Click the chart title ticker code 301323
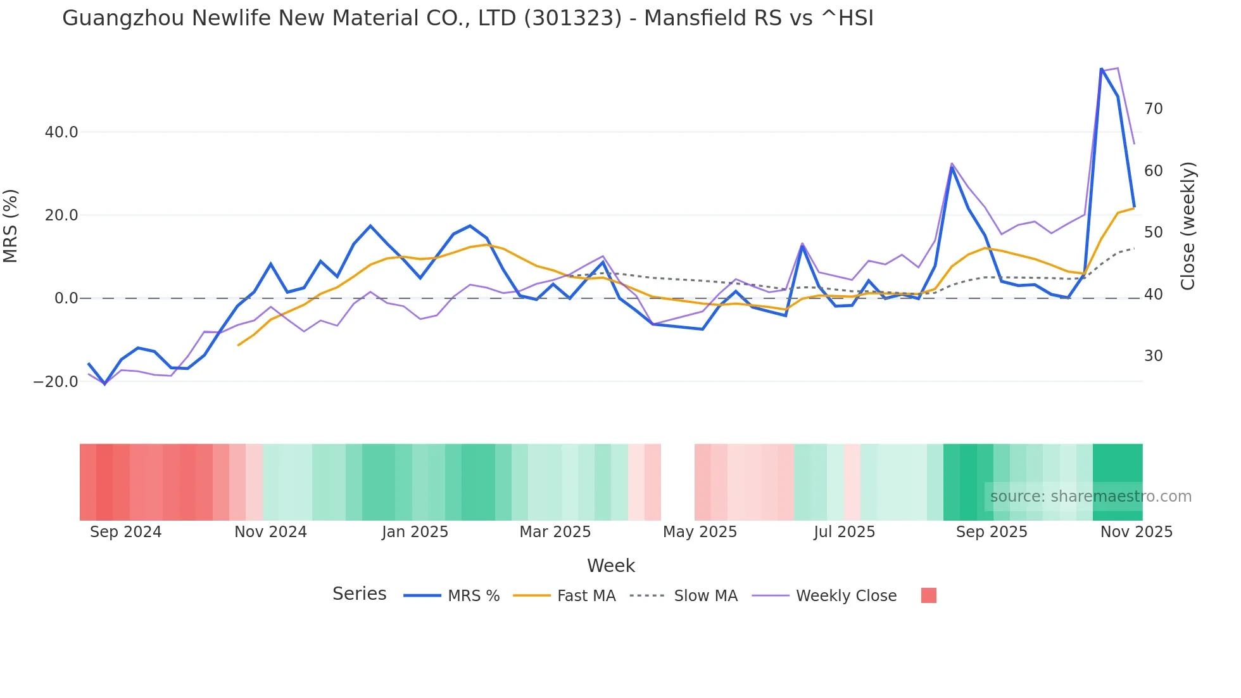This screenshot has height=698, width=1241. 573,18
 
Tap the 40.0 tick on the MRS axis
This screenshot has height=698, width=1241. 61,132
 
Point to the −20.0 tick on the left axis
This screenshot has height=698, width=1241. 56,382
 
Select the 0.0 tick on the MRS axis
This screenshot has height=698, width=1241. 66,298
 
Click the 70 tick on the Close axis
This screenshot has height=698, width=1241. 1153,109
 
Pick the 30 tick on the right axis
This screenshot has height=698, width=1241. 1153,356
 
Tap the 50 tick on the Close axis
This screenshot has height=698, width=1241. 1153,232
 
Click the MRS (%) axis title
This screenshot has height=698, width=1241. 11,226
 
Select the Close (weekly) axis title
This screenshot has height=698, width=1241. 1188,226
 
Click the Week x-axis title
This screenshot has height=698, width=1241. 610,566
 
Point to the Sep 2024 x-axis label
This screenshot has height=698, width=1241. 125,532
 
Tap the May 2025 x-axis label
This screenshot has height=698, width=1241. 700,532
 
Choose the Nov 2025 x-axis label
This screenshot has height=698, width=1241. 1136,532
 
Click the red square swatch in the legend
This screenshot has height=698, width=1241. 928,595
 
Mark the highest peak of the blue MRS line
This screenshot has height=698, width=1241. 1101,69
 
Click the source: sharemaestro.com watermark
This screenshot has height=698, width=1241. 1090,497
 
